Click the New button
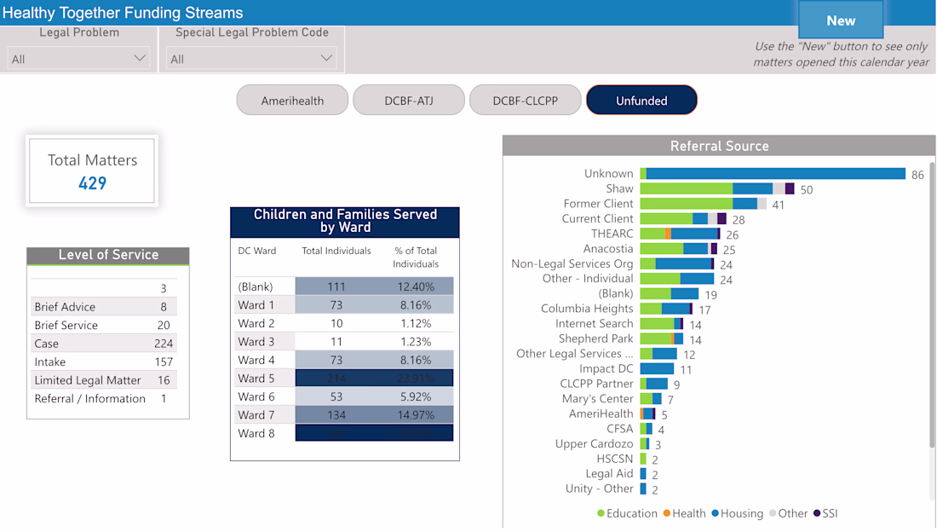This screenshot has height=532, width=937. tap(840, 20)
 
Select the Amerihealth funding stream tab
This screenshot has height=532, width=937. tap(292, 100)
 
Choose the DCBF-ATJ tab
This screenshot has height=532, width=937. tap(409, 100)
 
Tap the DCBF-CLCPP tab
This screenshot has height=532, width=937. tap(525, 100)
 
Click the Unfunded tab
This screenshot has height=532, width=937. tap(641, 100)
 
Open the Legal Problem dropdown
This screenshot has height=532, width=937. tap(78, 59)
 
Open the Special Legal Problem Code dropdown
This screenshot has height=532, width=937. tap(251, 59)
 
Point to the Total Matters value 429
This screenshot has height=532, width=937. tap(92, 182)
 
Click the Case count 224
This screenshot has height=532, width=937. tap(164, 344)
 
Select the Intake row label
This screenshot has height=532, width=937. tap(50, 361)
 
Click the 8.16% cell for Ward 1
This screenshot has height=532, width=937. tap(415, 305)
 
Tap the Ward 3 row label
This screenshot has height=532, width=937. tap(256, 342)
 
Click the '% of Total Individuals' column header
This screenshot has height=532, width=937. tap(415, 257)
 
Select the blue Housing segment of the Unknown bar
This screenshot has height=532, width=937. tap(775, 174)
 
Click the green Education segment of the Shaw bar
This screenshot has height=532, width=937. tap(686, 188)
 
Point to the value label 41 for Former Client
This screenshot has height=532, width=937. tap(779, 205)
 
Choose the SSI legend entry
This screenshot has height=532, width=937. tap(825, 513)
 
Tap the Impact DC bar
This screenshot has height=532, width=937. tap(657, 369)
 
